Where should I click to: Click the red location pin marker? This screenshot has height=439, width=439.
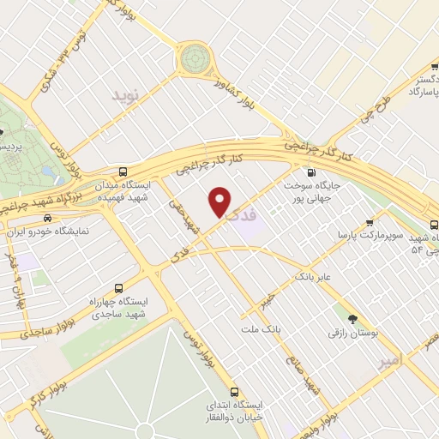tap(220, 201)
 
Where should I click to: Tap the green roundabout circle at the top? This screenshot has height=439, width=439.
tap(195, 58)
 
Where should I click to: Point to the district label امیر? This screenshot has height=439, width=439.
tap(389, 362)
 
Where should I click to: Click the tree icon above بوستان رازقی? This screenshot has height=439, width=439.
tap(352, 310)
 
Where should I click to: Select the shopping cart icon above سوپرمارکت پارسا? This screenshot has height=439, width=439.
tap(370, 219)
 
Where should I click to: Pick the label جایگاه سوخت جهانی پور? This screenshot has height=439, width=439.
tap(311, 190)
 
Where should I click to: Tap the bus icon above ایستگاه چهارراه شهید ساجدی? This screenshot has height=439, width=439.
tap(118, 288)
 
